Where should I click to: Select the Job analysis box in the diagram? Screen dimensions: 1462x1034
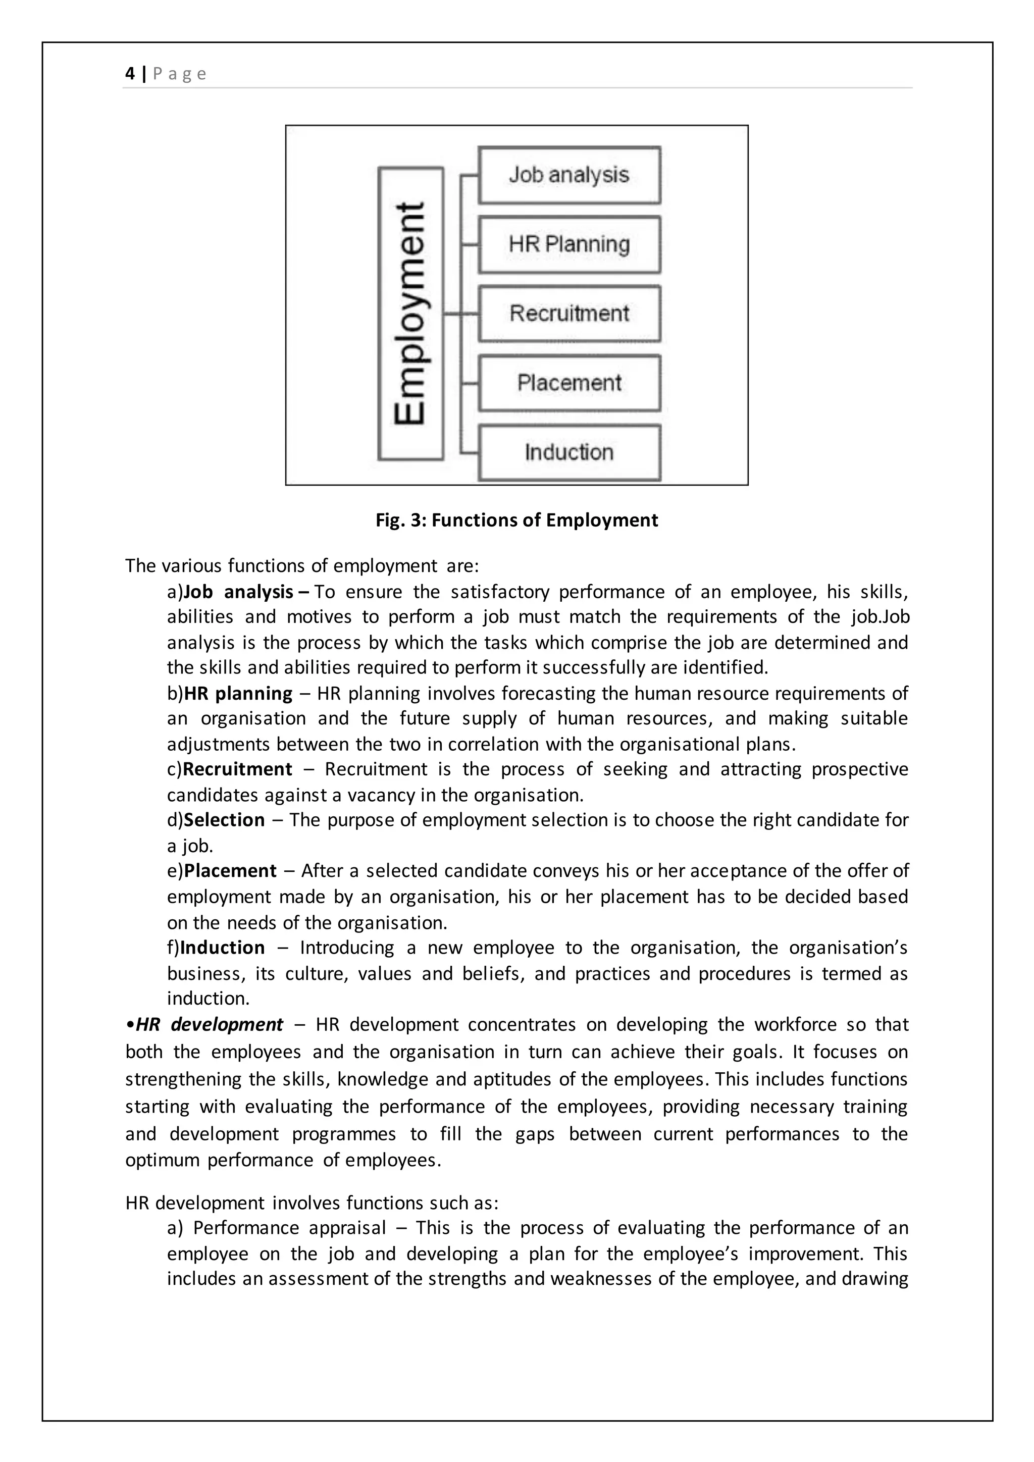(569, 175)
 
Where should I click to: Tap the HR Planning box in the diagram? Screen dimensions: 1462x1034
(569, 244)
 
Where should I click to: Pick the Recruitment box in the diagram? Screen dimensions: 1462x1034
(569, 314)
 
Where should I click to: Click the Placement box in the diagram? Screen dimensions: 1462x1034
(569, 383)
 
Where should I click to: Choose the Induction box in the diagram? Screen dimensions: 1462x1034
(569, 453)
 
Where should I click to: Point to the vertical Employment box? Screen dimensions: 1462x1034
(410, 314)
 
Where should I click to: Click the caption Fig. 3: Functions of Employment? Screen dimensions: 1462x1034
(516, 520)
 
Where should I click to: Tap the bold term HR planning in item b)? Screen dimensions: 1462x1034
(238, 694)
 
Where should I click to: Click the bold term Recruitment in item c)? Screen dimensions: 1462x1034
(237, 769)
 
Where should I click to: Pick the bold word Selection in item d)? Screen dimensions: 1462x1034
(224, 820)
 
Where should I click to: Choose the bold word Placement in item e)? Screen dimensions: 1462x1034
(230, 871)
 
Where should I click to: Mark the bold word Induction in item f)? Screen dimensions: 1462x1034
(222, 948)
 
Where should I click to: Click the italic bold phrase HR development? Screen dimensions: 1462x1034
(209, 1024)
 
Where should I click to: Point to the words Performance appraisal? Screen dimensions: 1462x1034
(290, 1228)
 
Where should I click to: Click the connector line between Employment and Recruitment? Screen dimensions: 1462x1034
(460, 314)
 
